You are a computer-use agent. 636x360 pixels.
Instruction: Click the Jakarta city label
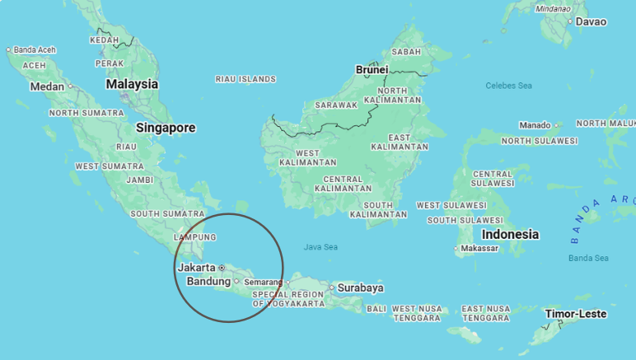[x=196, y=267]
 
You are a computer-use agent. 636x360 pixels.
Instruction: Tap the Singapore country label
[x=166, y=128]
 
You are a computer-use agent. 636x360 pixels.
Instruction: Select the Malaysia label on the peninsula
[x=132, y=84]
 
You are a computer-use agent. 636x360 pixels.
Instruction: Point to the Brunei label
[x=372, y=70]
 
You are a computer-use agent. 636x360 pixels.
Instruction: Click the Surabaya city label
[x=361, y=288]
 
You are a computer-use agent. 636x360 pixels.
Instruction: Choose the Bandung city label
[x=208, y=281]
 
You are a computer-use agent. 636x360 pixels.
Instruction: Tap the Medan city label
[x=47, y=86]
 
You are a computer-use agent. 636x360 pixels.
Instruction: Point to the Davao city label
[x=591, y=21]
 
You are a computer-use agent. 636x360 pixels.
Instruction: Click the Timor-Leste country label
[x=576, y=314]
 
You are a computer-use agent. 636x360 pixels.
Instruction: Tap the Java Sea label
[x=320, y=246]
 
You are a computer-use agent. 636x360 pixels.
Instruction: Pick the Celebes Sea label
[x=508, y=86]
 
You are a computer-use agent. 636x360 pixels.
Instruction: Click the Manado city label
[x=535, y=125]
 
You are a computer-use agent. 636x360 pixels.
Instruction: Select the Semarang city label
[x=264, y=282]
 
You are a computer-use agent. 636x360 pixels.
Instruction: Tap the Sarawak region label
[x=336, y=105]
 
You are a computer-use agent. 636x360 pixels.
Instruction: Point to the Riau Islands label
[x=245, y=79]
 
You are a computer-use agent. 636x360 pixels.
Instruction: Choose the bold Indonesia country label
[x=510, y=235]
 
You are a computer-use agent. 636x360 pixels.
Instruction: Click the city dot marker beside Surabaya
[x=332, y=288]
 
